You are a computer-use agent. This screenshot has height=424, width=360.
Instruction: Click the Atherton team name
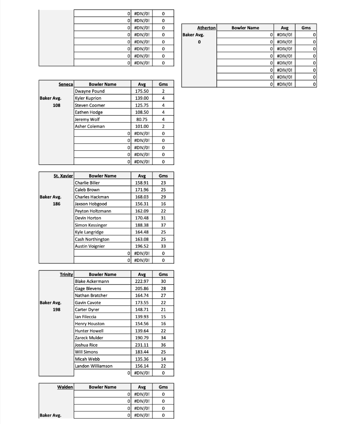(206, 28)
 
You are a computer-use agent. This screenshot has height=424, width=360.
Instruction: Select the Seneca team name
(66, 84)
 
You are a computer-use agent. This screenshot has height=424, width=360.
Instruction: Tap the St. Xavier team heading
(63, 176)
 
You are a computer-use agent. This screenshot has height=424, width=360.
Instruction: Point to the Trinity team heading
(66, 274)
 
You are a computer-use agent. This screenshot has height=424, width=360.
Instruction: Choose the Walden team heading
(65, 387)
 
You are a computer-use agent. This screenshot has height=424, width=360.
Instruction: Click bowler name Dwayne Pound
(90, 91)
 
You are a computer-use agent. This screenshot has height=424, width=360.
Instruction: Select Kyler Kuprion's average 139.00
(142, 98)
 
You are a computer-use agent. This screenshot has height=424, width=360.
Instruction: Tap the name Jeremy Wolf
(87, 119)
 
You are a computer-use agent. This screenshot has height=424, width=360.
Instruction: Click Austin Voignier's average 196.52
(142, 246)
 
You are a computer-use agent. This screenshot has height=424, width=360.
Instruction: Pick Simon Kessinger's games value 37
(163, 225)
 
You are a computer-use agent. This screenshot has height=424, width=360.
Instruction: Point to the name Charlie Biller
(87, 183)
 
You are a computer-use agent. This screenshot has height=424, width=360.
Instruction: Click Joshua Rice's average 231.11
(142, 345)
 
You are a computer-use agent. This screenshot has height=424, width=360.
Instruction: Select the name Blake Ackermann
(92, 281)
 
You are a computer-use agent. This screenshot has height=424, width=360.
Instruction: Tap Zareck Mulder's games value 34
(163, 338)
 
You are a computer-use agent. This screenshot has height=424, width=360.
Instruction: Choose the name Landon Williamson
(94, 366)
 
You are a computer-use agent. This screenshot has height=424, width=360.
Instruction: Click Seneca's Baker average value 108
(56, 105)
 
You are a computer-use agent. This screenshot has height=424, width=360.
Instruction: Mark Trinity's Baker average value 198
(56, 310)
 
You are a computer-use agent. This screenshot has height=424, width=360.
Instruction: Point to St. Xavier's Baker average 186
(56, 204)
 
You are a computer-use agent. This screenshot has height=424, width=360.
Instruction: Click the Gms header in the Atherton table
(306, 28)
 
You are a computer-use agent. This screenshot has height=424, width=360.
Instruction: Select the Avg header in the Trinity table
(142, 274)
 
